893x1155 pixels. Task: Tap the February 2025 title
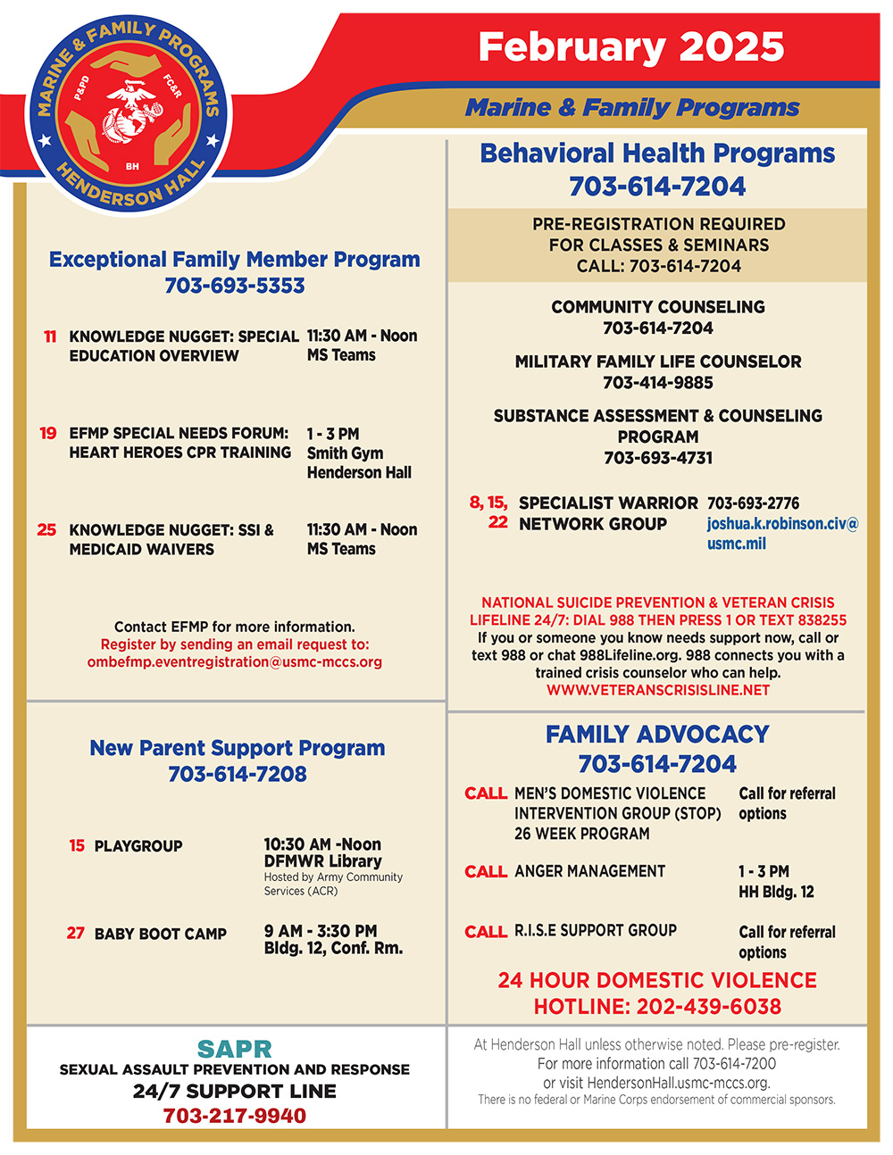point(630,47)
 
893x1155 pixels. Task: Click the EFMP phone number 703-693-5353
point(235,286)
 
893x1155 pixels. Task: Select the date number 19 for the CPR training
point(48,433)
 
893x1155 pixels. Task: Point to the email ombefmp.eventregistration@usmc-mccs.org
point(235,662)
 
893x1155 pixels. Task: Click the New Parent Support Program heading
point(237,748)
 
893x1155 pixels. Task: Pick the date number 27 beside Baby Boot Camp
point(76,933)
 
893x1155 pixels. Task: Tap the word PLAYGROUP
point(138,846)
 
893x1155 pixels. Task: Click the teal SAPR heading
point(235,1049)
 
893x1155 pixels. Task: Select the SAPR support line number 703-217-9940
point(235,1116)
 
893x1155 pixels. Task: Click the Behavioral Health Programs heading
point(657,154)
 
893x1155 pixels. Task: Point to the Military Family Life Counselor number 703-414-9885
point(658,383)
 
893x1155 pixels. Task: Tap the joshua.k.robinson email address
point(781,534)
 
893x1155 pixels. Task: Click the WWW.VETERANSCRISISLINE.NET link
point(658,690)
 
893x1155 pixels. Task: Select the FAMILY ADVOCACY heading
point(657,735)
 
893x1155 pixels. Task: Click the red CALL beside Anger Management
point(486,872)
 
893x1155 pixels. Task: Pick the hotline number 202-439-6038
point(708,1007)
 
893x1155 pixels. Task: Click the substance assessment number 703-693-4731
point(658,458)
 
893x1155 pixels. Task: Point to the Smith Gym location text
point(345,453)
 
